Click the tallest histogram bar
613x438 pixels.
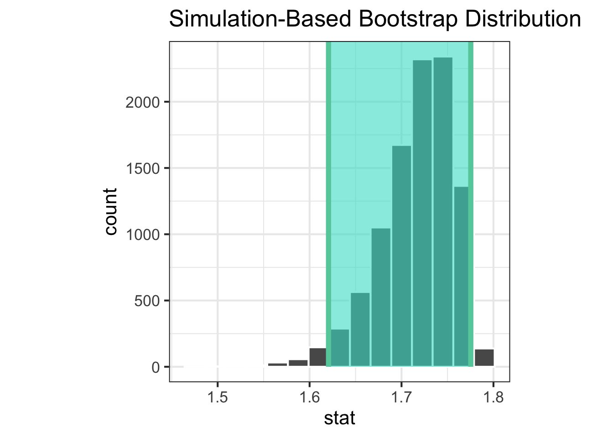pyautogui.click(x=442, y=212)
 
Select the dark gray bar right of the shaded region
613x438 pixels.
pyautogui.click(x=484, y=358)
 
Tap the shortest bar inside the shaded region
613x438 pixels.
pyautogui.click(x=339, y=348)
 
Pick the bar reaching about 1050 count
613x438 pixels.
pyautogui.click(x=380, y=297)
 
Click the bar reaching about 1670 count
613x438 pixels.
pyautogui.click(x=401, y=256)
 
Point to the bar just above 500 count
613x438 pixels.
pyautogui.click(x=360, y=329)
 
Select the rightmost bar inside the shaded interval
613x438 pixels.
pyautogui.click(x=461, y=276)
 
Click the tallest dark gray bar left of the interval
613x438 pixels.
pyautogui.click(x=317, y=357)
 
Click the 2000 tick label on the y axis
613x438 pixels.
pyautogui.click(x=143, y=102)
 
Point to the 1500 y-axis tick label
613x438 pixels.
pyautogui.click(x=143, y=168)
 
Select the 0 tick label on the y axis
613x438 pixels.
pyautogui.click(x=156, y=367)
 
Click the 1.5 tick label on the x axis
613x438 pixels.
pyautogui.click(x=218, y=398)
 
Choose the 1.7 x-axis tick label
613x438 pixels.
pyautogui.click(x=401, y=398)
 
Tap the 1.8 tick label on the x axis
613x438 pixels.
pyautogui.click(x=493, y=398)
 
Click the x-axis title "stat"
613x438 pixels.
pyautogui.click(x=339, y=418)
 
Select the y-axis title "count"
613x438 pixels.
pyautogui.click(x=111, y=212)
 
